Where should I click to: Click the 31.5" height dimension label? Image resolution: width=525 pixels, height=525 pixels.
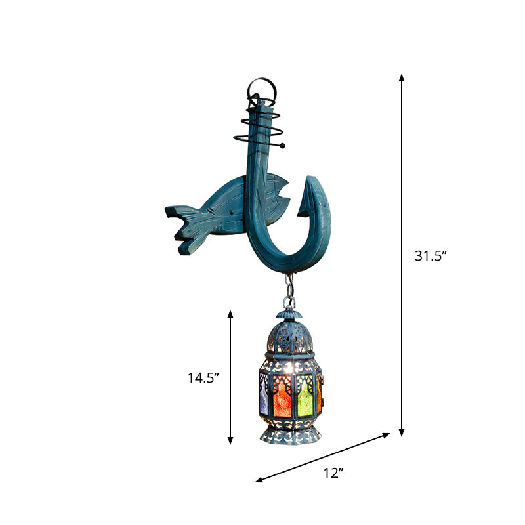[x=430, y=257]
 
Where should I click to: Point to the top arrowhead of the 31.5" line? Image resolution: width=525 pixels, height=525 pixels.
[x=402, y=78]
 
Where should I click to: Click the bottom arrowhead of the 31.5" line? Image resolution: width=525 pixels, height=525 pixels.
[x=402, y=432]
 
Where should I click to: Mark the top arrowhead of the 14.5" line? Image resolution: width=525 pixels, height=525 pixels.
[x=230, y=314]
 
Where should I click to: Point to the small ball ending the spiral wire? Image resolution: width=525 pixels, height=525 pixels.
[x=283, y=146]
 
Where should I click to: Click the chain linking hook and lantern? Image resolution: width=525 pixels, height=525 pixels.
[x=288, y=289]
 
